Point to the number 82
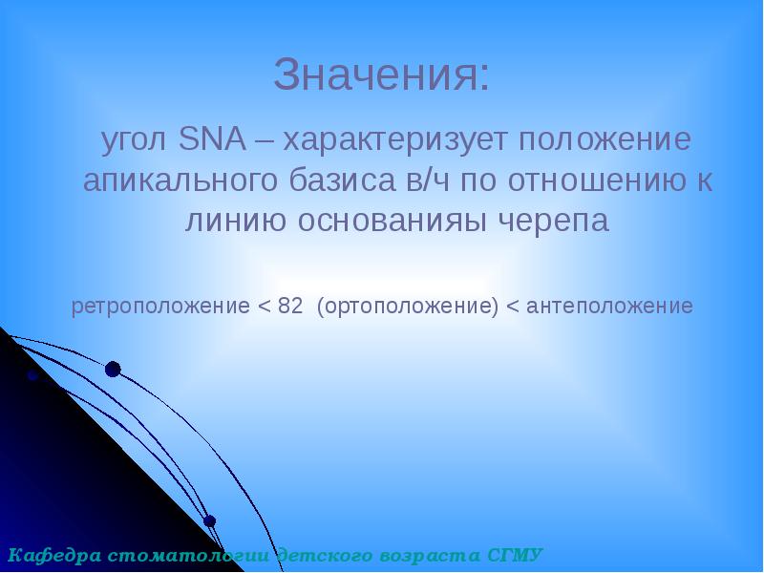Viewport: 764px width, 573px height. point(290,307)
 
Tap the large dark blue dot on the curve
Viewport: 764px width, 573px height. point(113,370)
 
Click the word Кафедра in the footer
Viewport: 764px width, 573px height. point(52,555)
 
